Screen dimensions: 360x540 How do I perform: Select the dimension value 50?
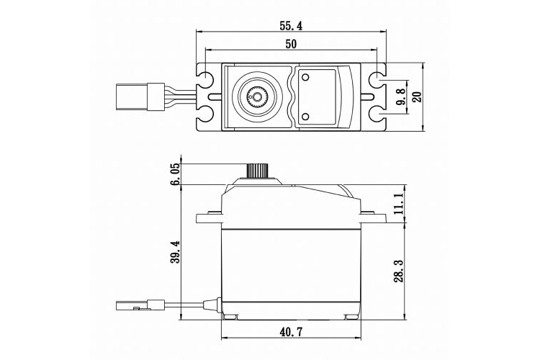[292, 44]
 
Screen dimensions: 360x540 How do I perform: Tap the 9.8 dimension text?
[401, 96]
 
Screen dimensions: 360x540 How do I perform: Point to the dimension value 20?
[416, 96]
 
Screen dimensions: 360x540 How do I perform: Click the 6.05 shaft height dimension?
[174, 174]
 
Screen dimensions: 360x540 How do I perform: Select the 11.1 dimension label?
[397, 203]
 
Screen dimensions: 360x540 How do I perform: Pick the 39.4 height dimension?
[174, 252]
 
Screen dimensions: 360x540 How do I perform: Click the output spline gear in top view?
[256, 96]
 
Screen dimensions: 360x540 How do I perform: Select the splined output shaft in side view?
[256, 171]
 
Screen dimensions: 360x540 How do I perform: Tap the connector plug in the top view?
[137, 96]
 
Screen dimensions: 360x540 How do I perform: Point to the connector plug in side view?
[137, 305]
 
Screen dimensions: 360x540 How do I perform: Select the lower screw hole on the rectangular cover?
[305, 117]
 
